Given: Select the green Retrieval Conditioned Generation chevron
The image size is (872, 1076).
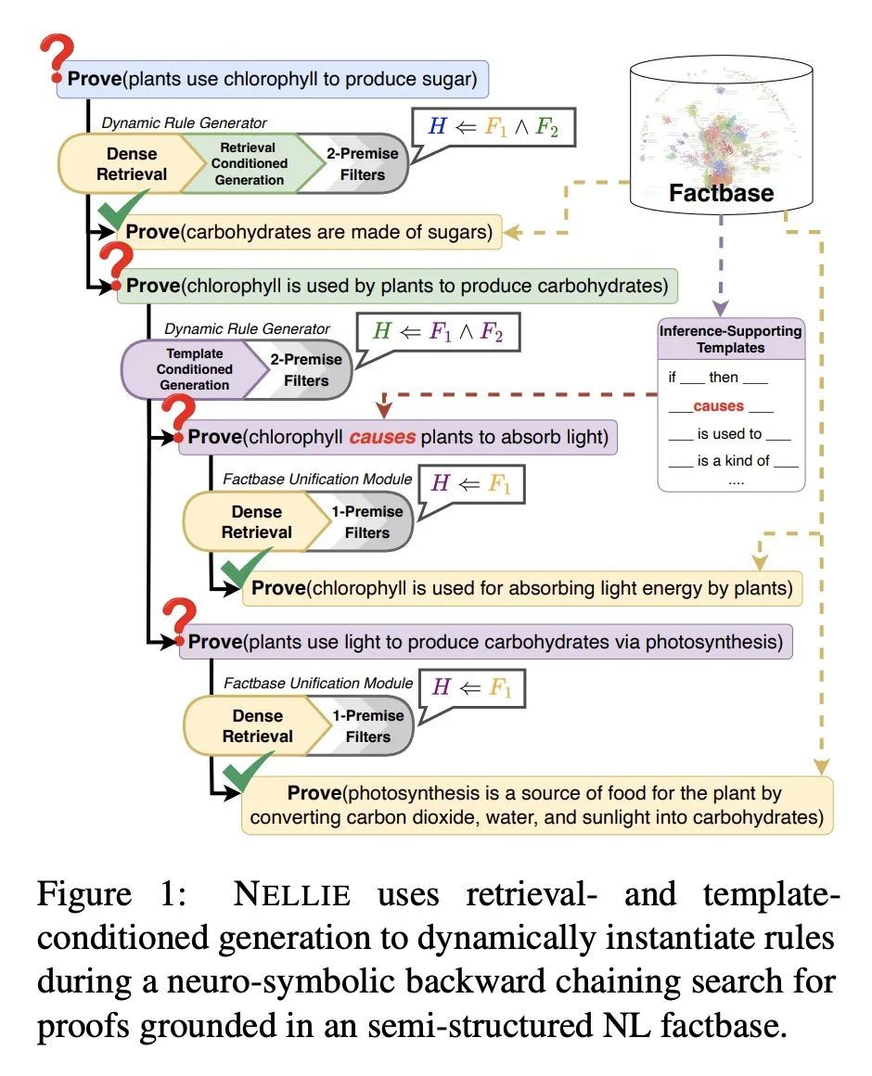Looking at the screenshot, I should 253,163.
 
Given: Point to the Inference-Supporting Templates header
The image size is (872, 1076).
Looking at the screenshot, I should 730,339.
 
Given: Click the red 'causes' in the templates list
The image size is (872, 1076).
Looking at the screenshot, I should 718,406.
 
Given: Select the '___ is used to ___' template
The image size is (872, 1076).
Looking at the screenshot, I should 730,433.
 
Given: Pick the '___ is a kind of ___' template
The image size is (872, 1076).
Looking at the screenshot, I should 733,460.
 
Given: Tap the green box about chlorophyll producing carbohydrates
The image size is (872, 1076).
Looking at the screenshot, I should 397,286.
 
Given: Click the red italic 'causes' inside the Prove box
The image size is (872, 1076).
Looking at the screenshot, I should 381,436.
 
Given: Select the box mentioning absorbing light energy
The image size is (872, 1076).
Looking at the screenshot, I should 523,587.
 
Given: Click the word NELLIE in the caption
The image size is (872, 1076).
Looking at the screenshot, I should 293,896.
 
